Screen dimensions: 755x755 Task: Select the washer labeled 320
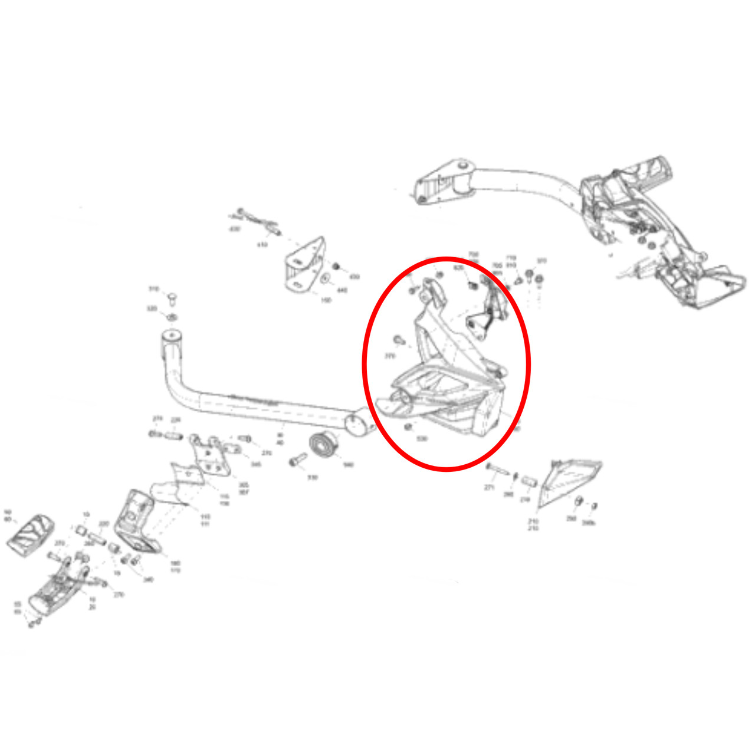pyautogui.click(x=172, y=318)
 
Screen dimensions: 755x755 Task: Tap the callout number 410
pyautogui.click(x=262, y=244)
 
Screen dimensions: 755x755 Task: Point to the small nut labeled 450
pyautogui.click(x=337, y=267)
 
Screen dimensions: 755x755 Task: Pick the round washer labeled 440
pyautogui.click(x=324, y=278)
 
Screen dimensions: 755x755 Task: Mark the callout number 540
pyautogui.click(x=348, y=465)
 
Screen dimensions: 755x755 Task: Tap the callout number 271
pyautogui.click(x=489, y=488)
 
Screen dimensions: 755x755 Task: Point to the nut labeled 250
pyautogui.click(x=579, y=501)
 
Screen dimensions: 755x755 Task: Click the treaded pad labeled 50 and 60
pyautogui.click(x=31, y=531)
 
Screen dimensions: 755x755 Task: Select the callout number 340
pyautogui.click(x=148, y=579)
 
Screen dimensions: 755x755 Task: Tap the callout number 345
pyautogui.click(x=255, y=465)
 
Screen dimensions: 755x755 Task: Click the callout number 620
pyautogui.click(x=459, y=267)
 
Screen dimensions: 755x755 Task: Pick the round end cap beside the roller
pyautogui.click(x=356, y=424)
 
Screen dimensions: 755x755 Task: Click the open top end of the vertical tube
pyautogui.click(x=172, y=337)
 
